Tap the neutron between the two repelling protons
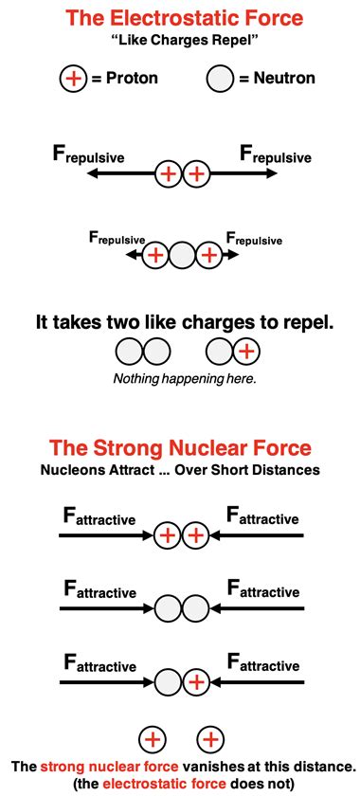coord(181,255)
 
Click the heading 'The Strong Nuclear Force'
coord(180,447)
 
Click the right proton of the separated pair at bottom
coord(210,738)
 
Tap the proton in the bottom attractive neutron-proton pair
coord(195,680)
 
